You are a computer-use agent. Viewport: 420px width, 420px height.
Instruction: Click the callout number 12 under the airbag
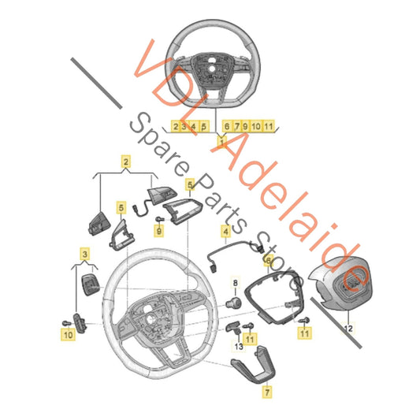[x=348, y=328]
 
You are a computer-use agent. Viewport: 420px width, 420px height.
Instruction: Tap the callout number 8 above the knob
[x=236, y=283]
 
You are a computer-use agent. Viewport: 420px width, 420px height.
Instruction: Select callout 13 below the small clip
[x=239, y=347]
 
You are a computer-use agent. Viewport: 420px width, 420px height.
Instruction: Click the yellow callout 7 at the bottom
[x=267, y=392]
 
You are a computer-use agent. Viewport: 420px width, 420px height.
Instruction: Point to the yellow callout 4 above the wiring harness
[x=226, y=232]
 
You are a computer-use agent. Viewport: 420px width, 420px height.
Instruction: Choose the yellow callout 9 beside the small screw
[x=159, y=231]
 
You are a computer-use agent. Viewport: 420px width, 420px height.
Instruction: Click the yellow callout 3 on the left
[x=85, y=254]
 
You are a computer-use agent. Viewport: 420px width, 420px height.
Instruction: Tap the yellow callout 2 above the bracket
[x=126, y=162]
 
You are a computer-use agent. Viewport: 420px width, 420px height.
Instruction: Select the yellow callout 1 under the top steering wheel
[x=221, y=142]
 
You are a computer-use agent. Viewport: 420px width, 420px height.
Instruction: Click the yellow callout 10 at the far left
[x=69, y=335]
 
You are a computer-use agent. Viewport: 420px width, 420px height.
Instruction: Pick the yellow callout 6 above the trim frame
[x=269, y=259]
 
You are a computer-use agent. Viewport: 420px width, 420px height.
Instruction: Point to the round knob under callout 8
[x=233, y=303]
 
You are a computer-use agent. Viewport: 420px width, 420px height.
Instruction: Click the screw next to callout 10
[x=66, y=323]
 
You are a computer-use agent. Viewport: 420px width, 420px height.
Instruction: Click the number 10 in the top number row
[x=256, y=126]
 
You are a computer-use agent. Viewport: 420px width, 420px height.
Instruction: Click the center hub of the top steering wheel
[x=212, y=69]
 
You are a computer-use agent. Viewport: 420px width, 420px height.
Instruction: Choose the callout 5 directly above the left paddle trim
[x=121, y=208]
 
